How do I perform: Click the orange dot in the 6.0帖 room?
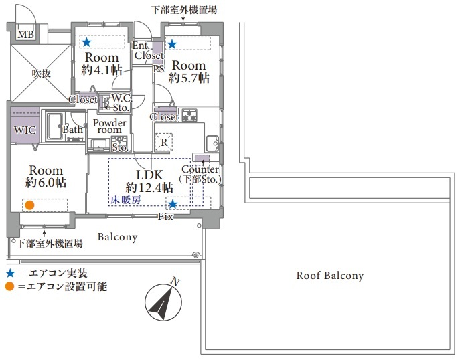point(29,205)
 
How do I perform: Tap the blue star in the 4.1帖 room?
point(86,42)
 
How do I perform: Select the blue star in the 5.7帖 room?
point(172,44)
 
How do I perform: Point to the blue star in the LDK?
point(172,205)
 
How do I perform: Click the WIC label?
point(25,130)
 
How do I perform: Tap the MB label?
point(26,34)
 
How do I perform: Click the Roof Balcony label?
point(330,276)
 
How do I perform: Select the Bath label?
point(72,130)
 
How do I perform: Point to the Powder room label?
point(109,126)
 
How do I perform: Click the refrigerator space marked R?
point(163,143)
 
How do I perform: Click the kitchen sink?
point(212,144)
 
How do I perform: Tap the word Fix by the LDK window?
point(166,217)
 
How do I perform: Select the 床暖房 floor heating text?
point(126,200)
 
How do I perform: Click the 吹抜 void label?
point(42,73)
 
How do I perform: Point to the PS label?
point(159,68)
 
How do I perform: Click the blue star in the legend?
point(11,273)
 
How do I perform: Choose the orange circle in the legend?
point(10,286)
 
